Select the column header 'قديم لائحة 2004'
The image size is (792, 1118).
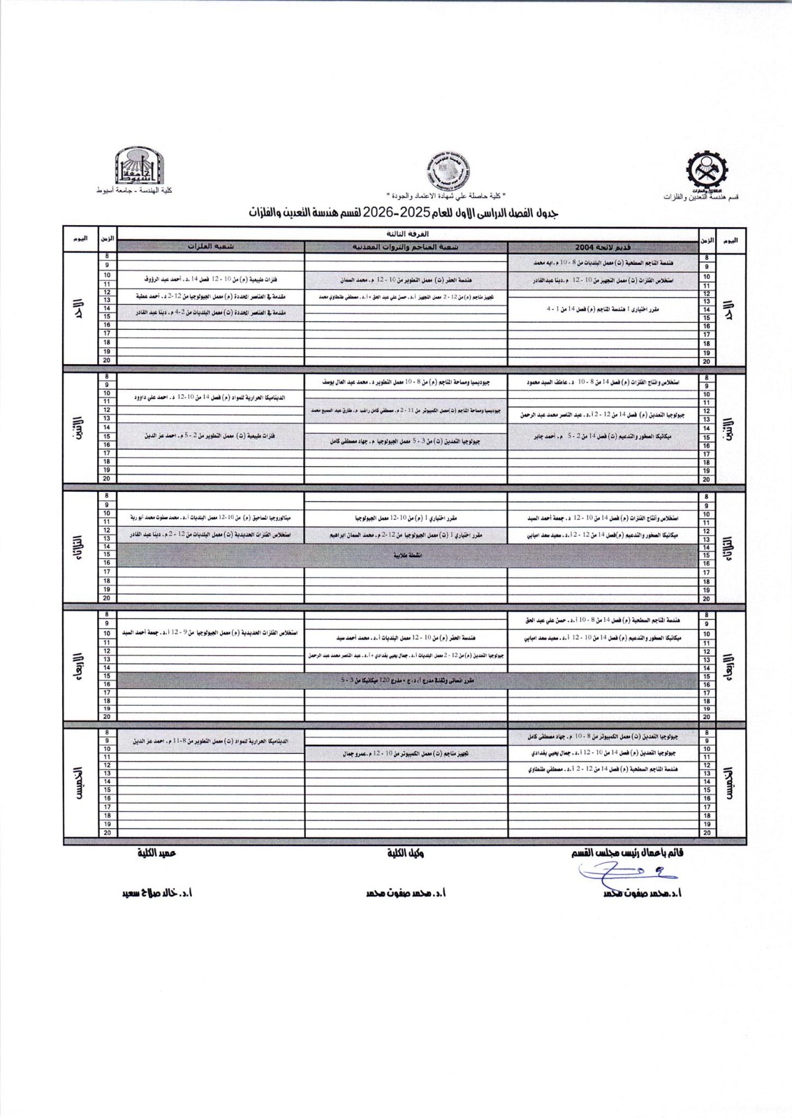pyautogui.click(x=603, y=247)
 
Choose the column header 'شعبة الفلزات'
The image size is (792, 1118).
pyautogui.click(x=210, y=247)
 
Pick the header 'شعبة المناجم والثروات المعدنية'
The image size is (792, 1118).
pyautogui.click(x=406, y=247)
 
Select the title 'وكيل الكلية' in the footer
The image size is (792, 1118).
pyautogui.click(x=406, y=853)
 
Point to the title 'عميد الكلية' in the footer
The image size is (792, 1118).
pyautogui.click(x=157, y=853)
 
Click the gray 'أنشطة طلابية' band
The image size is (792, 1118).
pyautogui.click(x=406, y=554)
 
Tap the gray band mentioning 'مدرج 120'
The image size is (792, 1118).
pyautogui.click(x=406, y=680)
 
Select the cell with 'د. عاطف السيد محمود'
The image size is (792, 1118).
pyautogui.click(x=603, y=383)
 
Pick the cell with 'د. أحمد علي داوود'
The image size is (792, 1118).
pyautogui.click(x=210, y=397)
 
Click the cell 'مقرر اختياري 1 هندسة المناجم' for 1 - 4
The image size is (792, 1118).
pyautogui.click(x=603, y=307)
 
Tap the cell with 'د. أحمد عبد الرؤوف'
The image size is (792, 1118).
pyautogui.click(x=210, y=279)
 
